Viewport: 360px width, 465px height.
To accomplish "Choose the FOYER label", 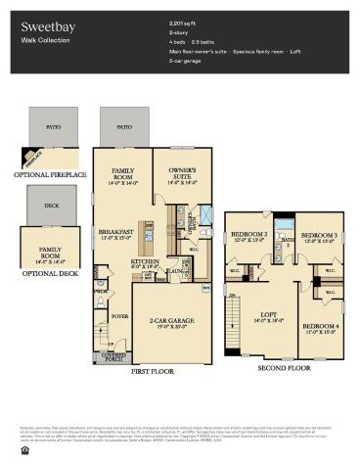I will click(x=119, y=316).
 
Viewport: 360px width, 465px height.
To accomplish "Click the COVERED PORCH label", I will click(x=117, y=354).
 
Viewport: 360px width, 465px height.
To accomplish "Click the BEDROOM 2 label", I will click(x=248, y=236).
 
